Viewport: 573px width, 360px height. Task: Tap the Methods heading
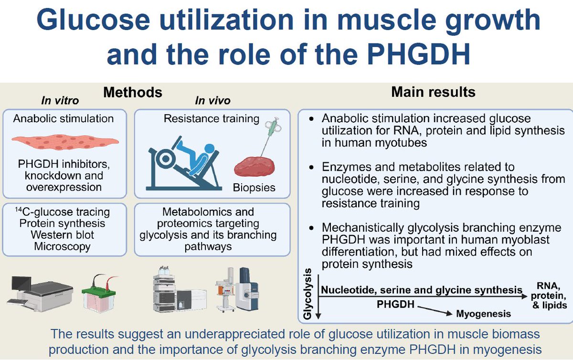pyautogui.click(x=133, y=92)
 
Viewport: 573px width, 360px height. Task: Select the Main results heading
pyautogui.click(x=433, y=92)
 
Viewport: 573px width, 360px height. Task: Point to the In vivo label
pyautogui.click(x=213, y=101)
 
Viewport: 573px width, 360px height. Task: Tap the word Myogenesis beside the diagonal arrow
pyautogui.click(x=484, y=314)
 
